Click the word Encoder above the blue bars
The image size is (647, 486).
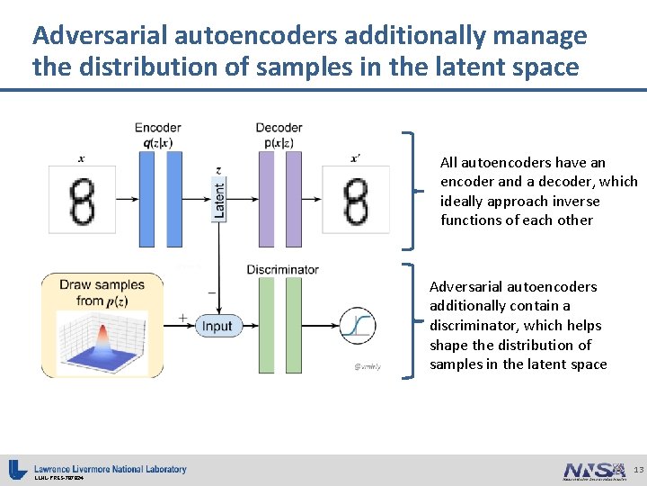tap(157, 128)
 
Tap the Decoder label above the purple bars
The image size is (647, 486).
tap(279, 128)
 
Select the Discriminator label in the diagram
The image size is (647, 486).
tap(282, 269)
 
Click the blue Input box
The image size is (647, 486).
tap(217, 326)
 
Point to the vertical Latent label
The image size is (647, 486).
tap(219, 197)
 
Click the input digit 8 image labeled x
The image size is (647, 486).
tap(84, 200)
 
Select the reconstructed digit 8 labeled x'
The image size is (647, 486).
tap(356, 200)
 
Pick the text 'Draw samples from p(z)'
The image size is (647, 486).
tap(102, 292)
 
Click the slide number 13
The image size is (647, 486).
tap(637, 470)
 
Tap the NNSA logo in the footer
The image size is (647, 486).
tap(593, 471)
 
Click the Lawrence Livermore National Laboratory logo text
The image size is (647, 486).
tap(111, 469)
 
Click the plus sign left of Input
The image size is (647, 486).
tap(182, 318)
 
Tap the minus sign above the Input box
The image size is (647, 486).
tap(210, 292)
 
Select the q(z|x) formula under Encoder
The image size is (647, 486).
tap(157, 142)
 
